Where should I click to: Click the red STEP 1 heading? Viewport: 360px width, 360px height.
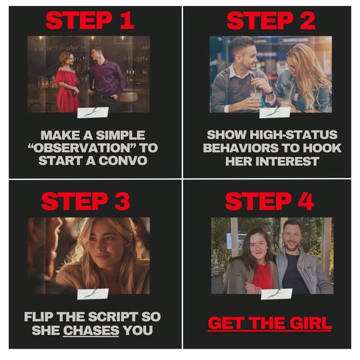(90, 20)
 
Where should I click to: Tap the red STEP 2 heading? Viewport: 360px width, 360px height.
(271, 20)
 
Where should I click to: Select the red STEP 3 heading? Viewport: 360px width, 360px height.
(86, 201)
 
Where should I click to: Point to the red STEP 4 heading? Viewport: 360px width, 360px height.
(269, 201)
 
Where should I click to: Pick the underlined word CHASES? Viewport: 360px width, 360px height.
(91, 331)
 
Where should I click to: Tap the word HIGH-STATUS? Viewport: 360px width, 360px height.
(293, 135)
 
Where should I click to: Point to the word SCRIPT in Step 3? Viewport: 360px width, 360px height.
(113, 317)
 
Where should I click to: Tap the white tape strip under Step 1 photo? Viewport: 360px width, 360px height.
(93, 113)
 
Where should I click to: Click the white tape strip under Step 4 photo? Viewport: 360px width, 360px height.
(277, 294)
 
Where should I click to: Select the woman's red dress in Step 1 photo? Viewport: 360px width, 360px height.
(67, 92)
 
